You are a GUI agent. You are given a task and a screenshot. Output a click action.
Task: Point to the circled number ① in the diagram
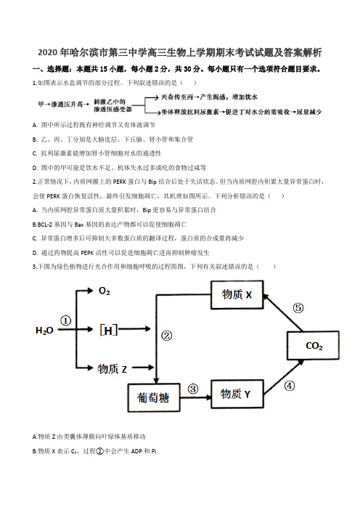[x=66, y=320]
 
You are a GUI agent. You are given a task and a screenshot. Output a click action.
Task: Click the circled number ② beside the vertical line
[x=167, y=336]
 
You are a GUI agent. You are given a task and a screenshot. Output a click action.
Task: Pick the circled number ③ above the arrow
[x=193, y=389]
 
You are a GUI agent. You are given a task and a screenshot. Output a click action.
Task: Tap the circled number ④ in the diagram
[x=290, y=386]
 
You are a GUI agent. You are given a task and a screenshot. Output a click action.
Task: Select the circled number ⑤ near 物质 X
[x=298, y=308]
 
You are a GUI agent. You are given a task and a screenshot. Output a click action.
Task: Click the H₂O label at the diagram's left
[x=44, y=331]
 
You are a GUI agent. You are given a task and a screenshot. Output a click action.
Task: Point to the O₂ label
[x=105, y=291]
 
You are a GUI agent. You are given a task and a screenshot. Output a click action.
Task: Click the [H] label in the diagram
[x=108, y=330]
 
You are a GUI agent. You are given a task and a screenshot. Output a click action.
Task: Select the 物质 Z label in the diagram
[x=112, y=369]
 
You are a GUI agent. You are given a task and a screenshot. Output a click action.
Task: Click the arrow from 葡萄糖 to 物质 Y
[x=195, y=397]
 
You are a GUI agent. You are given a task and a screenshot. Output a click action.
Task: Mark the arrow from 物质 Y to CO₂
[x=284, y=377]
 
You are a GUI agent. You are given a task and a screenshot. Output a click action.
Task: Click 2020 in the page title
[x=48, y=53]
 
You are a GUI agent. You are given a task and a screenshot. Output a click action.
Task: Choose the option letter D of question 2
[x=35, y=253]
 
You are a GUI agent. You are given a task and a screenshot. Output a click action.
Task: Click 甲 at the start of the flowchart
[x=41, y=104]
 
